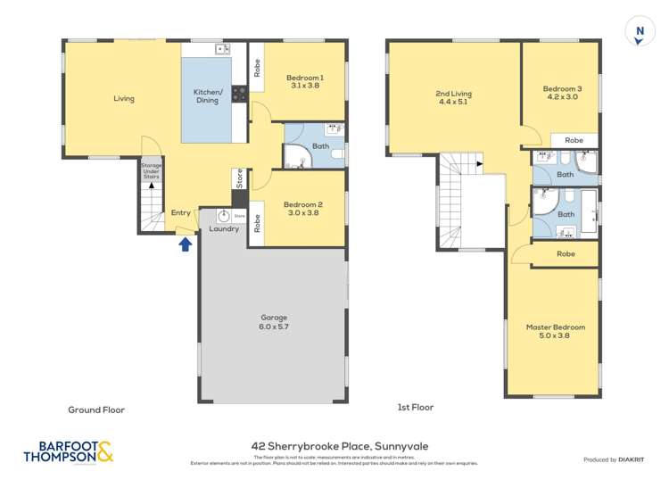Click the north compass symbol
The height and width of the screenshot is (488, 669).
(638, 31)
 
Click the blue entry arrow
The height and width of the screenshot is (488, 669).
(186, 243)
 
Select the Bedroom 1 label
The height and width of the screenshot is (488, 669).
(306, 82)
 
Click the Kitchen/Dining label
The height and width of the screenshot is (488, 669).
(207, 96)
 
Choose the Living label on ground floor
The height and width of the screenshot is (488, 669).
(124, 98)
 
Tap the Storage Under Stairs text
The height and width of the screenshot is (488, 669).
(151, 170)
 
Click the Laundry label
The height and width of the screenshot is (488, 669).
(223, 229)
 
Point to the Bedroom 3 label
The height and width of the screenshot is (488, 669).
(562, 93)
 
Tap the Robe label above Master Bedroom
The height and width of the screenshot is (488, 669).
(565, 254)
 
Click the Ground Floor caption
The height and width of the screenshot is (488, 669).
(96, 410)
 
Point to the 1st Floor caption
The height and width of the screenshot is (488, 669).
(415, 408)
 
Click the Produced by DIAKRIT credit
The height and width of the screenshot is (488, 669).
(612, 459)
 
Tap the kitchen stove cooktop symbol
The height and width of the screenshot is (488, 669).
(239, 94)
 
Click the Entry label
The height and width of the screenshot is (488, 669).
(180, 212)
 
